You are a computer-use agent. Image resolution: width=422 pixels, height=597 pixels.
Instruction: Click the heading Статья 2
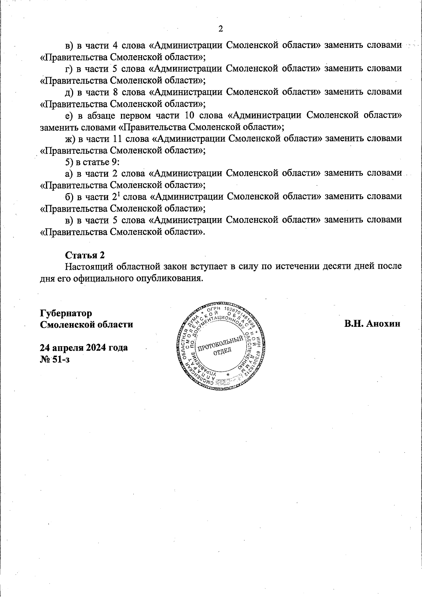point(85,255)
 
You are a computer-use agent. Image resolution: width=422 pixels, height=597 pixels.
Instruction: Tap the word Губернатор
point(66,313)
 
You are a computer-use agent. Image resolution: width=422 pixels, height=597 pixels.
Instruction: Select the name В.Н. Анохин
point(372,324)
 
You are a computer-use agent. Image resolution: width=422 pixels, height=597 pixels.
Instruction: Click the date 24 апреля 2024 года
point(84,348)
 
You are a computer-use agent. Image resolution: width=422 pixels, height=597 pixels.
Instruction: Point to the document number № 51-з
point(55,359)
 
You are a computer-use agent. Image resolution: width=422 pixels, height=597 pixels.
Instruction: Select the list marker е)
point(69,115)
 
